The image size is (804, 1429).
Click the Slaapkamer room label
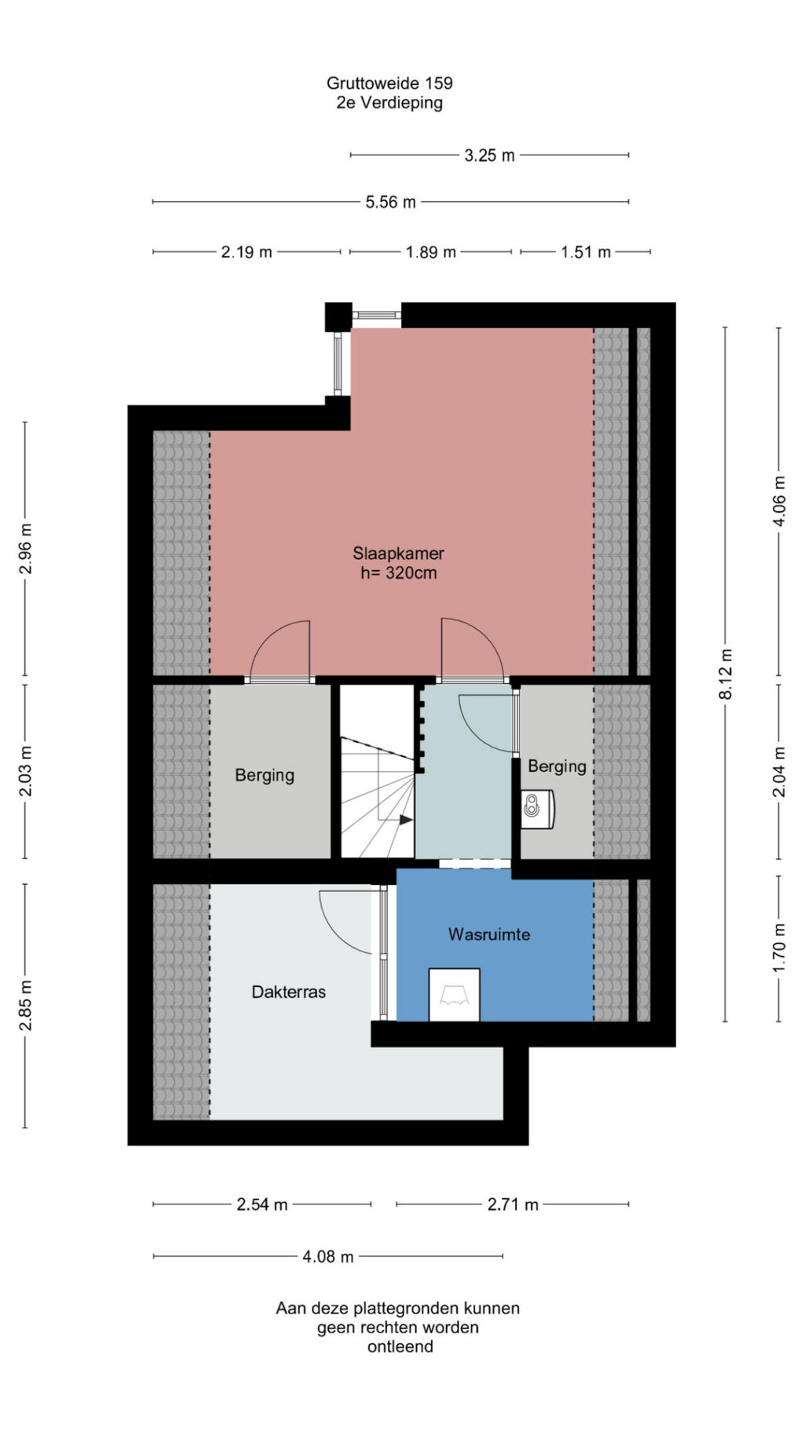[x=398, y=553]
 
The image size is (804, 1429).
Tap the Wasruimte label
[x=489, y=934]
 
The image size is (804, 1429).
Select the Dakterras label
[x=288, y=992]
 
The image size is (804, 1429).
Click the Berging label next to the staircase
[x=265, y=776]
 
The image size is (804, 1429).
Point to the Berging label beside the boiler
[x=557, y=766]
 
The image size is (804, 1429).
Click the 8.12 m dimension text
[x=726, y=674]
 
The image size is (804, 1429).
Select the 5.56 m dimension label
[x=390, y=202]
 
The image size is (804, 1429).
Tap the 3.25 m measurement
[x=489, y=155]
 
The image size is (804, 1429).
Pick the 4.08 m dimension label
[x=328, y=1256]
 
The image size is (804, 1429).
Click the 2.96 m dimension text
[x=26, y=548]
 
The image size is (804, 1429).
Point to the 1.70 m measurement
[x=779, y=948]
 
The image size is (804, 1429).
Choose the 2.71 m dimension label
[x=513, y=1204]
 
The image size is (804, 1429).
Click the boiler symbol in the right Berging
[x=538, y=809]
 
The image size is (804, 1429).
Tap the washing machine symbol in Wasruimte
[x=454, y=995]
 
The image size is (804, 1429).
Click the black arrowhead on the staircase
[x=406, y=820]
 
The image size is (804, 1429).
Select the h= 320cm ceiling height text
[x=398, y=572]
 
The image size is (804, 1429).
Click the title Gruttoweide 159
[x=389, y=82]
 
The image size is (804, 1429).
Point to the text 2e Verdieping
[x=389, y=102]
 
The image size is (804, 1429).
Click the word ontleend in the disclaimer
[x=400, y=1347]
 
